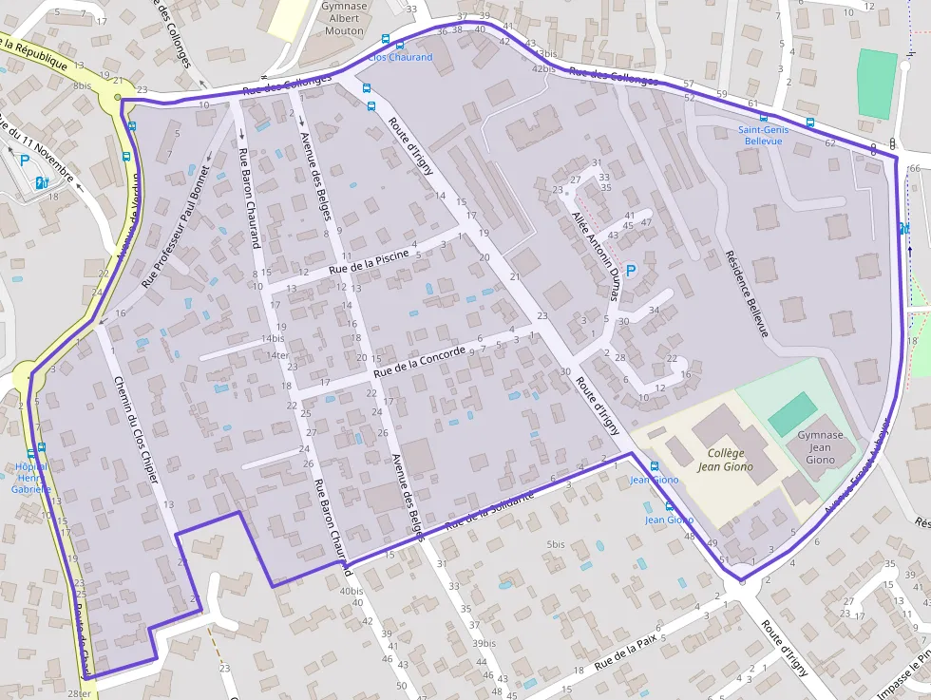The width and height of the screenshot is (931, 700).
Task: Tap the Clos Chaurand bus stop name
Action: click(400, 57)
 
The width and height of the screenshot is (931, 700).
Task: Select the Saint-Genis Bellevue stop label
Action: click(764, 135)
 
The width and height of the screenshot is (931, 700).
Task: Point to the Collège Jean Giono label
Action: click(725, 460)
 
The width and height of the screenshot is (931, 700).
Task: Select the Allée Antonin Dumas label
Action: click(597, 257)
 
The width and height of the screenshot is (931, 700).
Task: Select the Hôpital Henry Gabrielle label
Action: click(30, 478)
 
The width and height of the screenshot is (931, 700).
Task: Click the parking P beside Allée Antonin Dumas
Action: click(630, 271)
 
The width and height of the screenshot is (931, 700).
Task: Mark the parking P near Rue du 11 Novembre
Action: click(25, 161)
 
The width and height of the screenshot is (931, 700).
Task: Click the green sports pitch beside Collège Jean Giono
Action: click(791, 414)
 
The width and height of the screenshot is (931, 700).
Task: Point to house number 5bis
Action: click(556, 544)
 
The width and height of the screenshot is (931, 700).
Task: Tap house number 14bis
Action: click(273, 339)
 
